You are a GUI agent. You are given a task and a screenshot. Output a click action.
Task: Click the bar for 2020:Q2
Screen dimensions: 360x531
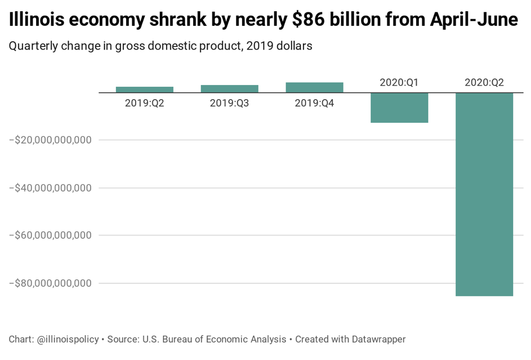[484, 194]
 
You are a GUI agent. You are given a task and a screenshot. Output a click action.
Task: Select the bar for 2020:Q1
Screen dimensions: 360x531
[399, 107]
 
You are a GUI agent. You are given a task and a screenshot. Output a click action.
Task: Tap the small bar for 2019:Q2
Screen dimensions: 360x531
[145, 89]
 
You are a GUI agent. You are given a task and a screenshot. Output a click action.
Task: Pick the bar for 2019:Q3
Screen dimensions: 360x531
[229, 88]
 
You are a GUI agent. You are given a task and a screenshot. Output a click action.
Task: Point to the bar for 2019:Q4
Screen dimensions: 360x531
[314, 87]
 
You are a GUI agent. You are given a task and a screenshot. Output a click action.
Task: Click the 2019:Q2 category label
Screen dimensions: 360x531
[145, 103]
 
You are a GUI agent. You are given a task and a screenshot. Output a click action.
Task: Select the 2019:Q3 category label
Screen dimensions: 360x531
[229, 103]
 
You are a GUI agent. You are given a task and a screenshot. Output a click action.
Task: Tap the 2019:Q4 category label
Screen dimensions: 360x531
[314, 103]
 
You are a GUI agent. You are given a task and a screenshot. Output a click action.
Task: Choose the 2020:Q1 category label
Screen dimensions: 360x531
[399, 82]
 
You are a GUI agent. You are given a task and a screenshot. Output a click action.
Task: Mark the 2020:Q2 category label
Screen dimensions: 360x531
[484, 82]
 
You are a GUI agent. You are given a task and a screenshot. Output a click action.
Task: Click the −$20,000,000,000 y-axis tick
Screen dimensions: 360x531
[50, 140]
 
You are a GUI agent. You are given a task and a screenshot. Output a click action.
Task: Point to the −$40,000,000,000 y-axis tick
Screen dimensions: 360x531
[50, 188]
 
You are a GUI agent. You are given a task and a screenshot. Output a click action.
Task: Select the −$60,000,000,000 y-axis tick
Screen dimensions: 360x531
[50, 235]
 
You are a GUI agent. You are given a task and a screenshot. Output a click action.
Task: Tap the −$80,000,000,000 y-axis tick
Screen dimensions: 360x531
[50, 283]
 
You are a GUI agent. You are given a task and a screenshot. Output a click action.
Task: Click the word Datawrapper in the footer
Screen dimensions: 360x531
[378, 339]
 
